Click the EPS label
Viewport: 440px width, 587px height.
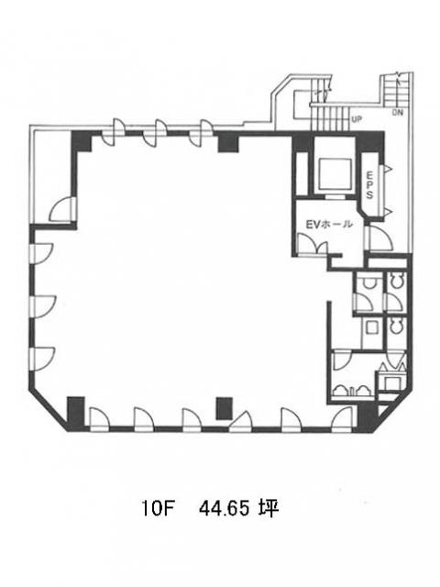(369, 185)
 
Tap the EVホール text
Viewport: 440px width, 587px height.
(329, 224)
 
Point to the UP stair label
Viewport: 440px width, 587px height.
(357, 119)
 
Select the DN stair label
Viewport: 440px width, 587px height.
(398, 112)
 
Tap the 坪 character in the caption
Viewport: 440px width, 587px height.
(269, 509)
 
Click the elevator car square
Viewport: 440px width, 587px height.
(335, 174)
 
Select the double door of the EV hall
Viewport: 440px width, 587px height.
(312, 244)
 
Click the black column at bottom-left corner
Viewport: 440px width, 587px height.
(75, 413)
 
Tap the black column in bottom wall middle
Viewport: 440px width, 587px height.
(224, 408)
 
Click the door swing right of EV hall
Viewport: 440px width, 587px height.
(380, 238)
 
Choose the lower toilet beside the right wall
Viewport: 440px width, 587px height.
(397, 326)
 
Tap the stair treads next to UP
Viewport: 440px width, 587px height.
(329, 117)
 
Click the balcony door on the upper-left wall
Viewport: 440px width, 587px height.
(63, 209)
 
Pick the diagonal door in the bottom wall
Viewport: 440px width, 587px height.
(240, 421)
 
